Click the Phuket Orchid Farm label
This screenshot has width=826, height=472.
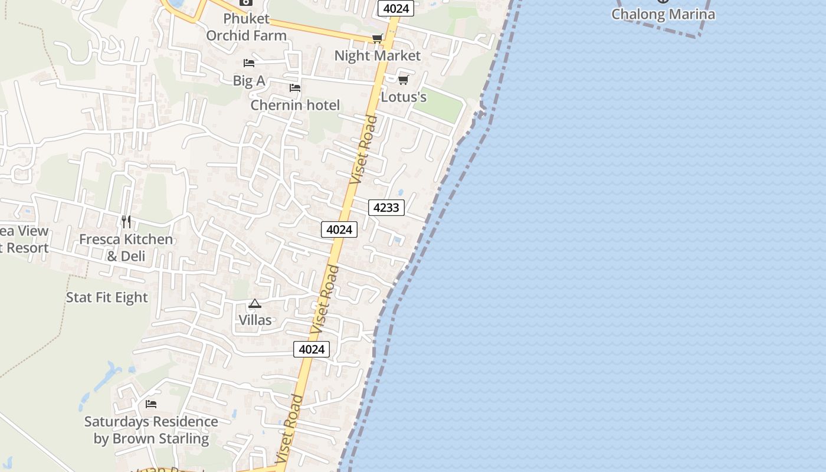(246, 27)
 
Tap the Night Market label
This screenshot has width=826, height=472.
(377, 55)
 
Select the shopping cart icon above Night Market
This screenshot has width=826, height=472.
(377, 39)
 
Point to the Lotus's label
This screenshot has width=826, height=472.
(404, 97)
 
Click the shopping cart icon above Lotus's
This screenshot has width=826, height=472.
(403, 80)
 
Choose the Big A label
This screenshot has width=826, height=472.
(249, 81)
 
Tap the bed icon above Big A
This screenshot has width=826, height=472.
(249, 63)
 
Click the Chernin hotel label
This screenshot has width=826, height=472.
(295, 105)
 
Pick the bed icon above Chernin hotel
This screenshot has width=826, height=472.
(295, 88)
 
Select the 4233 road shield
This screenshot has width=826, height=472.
(386, 207)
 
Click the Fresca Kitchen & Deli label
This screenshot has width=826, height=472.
(126, 247)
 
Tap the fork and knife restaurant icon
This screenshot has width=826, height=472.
(126, 222)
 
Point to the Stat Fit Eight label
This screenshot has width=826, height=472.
(107, 297)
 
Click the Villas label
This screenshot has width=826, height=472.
(255, 320)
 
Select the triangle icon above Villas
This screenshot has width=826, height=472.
(255, 304)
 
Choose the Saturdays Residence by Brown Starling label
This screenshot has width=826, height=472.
(151, 430)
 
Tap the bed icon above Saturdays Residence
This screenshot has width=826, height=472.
(151, 404)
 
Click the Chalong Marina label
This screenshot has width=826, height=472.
(663, 14)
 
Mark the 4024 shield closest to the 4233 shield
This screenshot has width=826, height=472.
(339, 230)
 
